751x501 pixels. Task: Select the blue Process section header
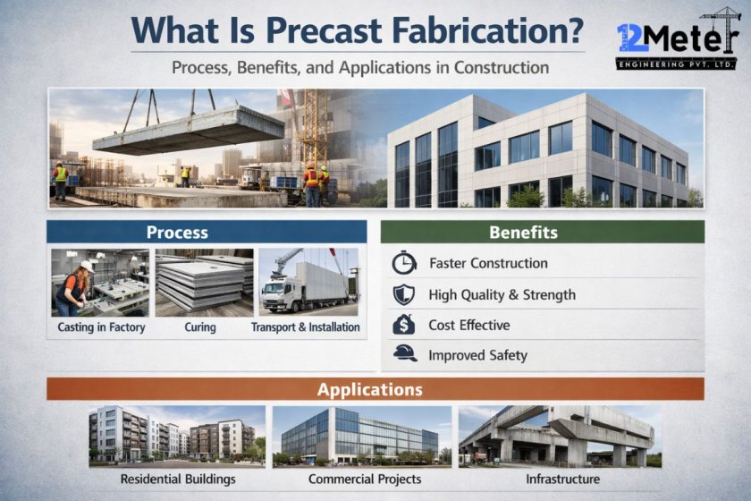(177, 233)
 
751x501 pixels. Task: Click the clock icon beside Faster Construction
(403, 264)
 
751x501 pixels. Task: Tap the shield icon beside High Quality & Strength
(403, 294)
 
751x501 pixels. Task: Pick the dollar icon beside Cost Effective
(403, 325)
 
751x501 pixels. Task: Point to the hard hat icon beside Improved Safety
(404, 354)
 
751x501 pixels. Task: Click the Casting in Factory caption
(101, 327)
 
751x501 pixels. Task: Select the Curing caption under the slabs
(200, 327)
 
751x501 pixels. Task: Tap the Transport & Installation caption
(306, 327)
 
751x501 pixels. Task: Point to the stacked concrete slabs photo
(204, 283)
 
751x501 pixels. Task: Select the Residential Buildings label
(178, 480)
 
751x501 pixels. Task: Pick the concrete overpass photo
(560, 436)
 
